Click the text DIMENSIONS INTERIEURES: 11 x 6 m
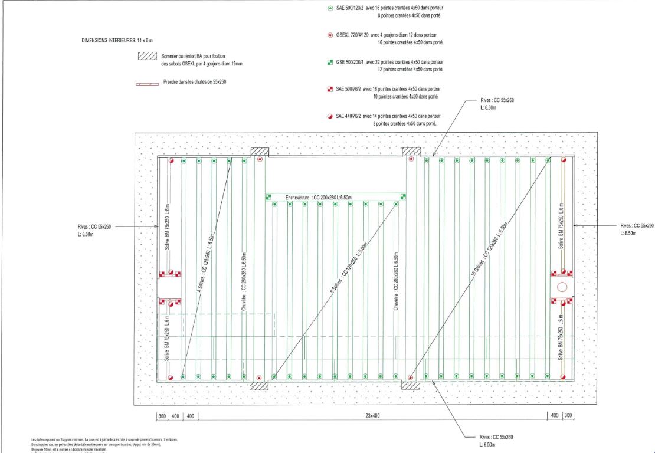click(x=117, y=41)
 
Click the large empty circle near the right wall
click(x=562, y=287)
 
